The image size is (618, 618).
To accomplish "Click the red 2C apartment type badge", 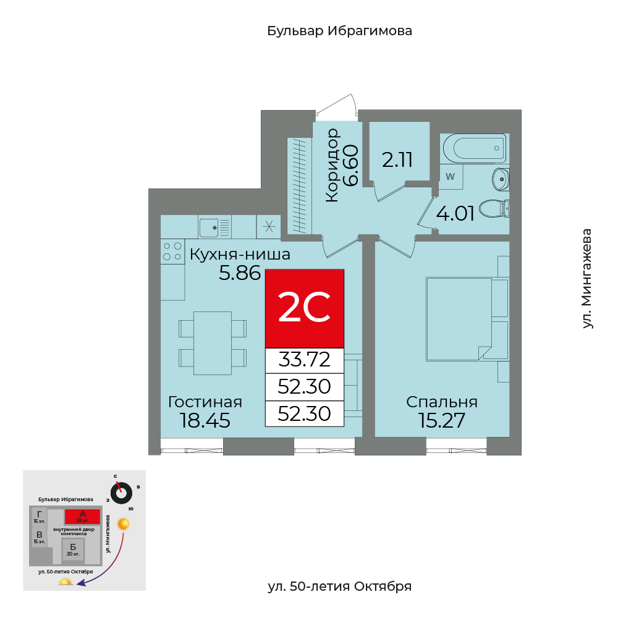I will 304,308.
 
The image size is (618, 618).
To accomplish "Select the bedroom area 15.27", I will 442,420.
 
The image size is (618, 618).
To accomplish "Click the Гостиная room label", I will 205,402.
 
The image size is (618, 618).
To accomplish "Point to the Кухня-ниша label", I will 240,254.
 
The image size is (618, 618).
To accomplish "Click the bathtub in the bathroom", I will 474,148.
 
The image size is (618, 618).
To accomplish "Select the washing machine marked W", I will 451,176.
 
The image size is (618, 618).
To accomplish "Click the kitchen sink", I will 215,227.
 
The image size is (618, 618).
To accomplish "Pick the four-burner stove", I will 172,252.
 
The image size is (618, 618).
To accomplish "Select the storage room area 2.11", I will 397,160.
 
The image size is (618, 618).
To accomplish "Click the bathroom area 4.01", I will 455,214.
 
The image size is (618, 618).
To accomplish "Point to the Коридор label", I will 332,166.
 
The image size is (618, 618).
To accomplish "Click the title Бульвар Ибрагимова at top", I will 339,31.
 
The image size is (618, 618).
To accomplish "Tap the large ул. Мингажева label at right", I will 587,278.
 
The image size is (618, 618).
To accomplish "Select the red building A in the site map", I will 82,516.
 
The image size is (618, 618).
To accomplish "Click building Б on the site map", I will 73,548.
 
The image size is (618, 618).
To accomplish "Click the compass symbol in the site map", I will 122,493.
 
